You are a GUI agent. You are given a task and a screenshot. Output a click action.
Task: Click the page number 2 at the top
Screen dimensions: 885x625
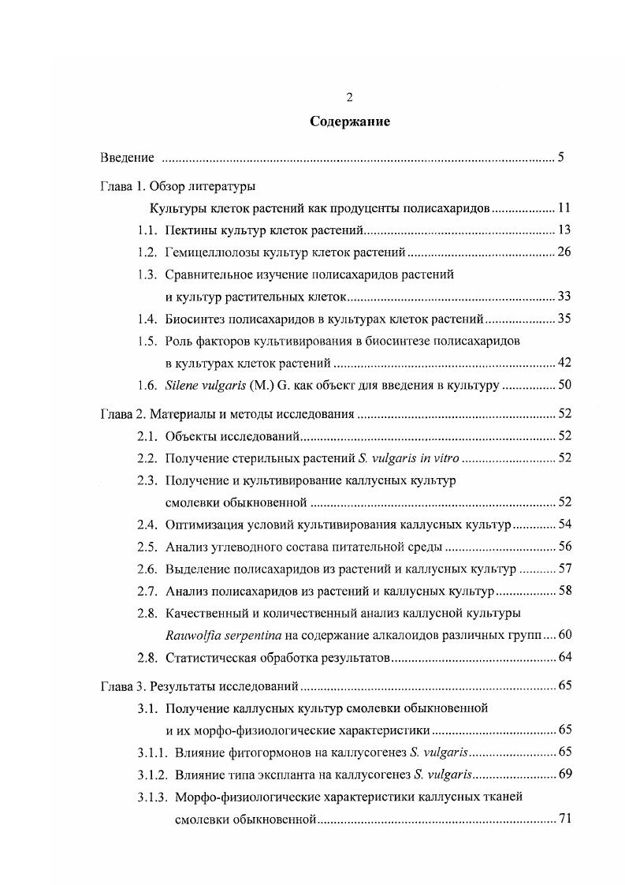(349, 97)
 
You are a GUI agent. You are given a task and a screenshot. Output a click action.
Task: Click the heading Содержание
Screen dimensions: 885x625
(349, 122)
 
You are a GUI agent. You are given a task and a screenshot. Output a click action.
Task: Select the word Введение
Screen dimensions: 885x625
(128, 157)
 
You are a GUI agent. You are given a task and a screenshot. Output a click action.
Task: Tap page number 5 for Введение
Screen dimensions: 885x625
(560, 157)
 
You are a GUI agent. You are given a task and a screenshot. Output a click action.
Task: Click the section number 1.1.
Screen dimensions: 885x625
(147, 230)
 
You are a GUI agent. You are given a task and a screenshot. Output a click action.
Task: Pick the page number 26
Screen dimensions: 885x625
(564, 252)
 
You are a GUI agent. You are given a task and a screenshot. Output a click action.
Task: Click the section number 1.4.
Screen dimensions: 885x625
(147, 319)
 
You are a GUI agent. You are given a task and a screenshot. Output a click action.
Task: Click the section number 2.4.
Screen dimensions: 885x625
(147, 525)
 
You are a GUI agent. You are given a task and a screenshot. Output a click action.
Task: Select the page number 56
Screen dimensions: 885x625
(564, 547)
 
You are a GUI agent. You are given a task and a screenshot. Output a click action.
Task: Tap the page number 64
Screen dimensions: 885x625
(564, 657)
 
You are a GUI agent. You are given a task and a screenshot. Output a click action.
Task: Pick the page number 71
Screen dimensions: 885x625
(564, 819)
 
